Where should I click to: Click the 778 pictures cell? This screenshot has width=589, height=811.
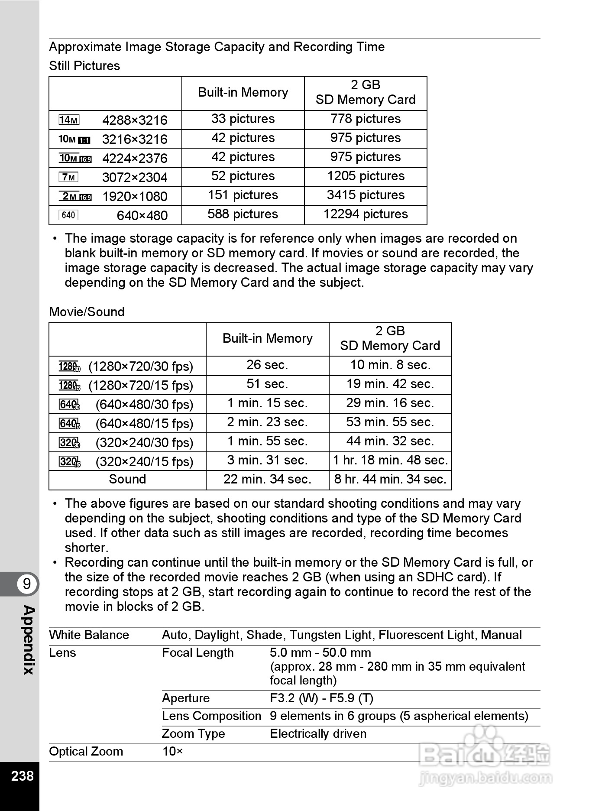366,119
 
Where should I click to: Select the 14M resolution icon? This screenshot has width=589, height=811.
69,120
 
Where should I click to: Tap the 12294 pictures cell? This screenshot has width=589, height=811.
366,214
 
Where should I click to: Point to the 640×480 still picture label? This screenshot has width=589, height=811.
142,215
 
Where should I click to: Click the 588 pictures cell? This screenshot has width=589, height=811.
243,214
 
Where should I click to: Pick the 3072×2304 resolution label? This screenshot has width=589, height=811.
135,177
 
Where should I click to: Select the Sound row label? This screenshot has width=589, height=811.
127,479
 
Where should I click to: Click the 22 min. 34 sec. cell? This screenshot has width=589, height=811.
267,479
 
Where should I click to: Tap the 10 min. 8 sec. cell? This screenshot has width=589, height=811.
390,365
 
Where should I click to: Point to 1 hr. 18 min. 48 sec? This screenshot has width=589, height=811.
390,460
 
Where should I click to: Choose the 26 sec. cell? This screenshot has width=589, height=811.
267,365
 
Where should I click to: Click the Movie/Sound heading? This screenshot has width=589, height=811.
87,312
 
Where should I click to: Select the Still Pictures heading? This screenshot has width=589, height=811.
84,66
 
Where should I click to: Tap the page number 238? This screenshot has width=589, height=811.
22,775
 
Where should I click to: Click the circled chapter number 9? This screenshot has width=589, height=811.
27,584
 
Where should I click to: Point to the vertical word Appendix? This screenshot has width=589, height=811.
28,640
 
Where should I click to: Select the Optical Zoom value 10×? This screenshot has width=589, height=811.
172,751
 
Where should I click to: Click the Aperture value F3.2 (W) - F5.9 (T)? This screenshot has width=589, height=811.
321,698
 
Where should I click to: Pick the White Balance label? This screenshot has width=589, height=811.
89,635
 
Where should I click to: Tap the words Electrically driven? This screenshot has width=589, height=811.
318,733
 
